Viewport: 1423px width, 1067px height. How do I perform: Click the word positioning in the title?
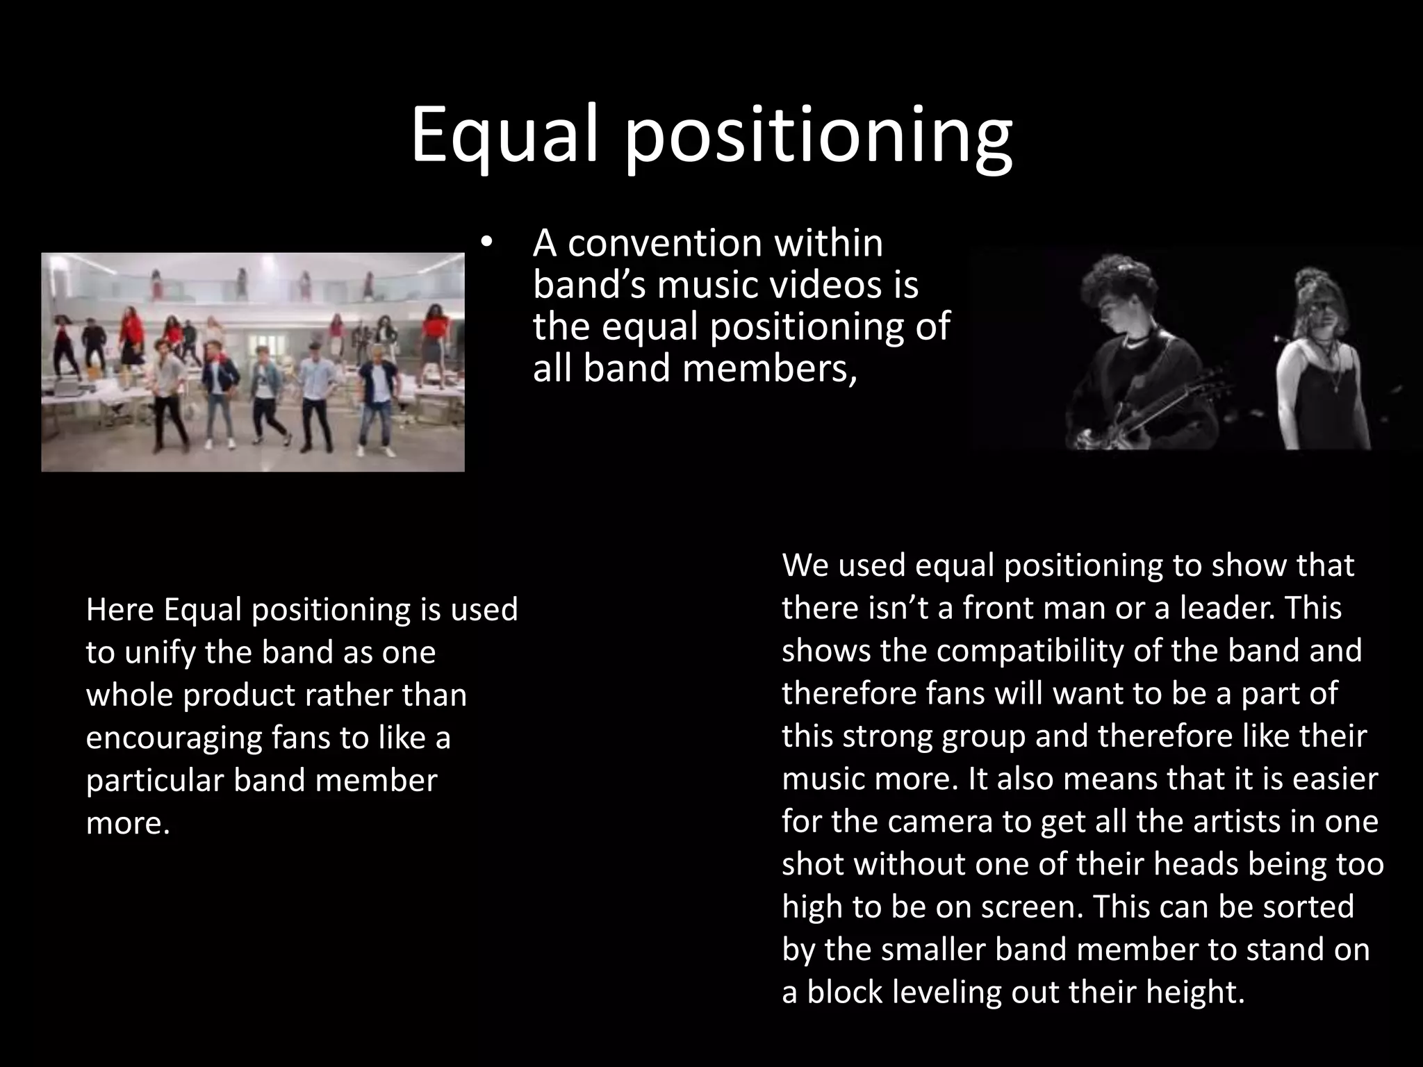tap(818, 139)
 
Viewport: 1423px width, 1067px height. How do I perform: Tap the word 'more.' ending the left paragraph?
tap(128, 823)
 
